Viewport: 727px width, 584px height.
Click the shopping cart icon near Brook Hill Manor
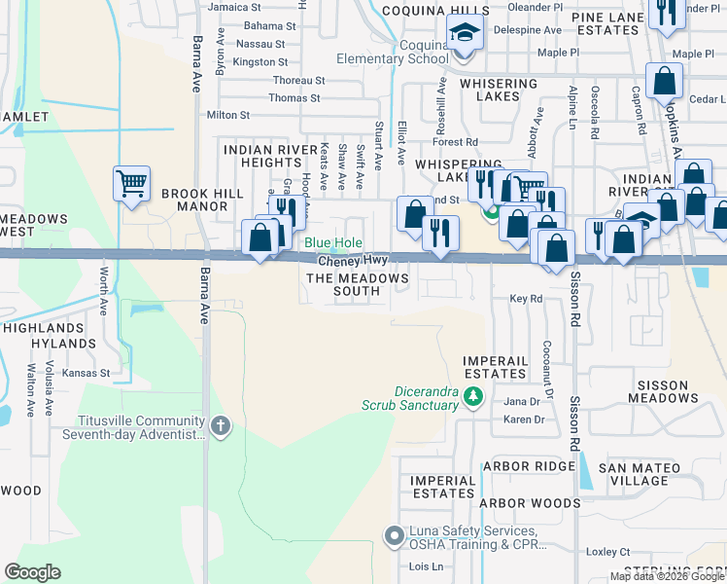[x=131, y=182]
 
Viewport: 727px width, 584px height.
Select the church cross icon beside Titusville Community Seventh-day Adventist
[x=221, y=425]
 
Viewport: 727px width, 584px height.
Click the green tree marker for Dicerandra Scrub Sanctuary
[x=473, y=396]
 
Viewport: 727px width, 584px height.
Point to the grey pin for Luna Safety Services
[x=394, y=535]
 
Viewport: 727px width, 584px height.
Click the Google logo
[x=32, y=572]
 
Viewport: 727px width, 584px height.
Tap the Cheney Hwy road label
[x=352, y=261]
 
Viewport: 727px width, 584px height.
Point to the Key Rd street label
[x=525, y=300]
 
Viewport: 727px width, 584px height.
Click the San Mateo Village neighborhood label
[x=646, y=474]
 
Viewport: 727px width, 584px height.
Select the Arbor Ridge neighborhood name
[x=529, y=466]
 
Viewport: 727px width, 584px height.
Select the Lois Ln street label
[x=426, y=566]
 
